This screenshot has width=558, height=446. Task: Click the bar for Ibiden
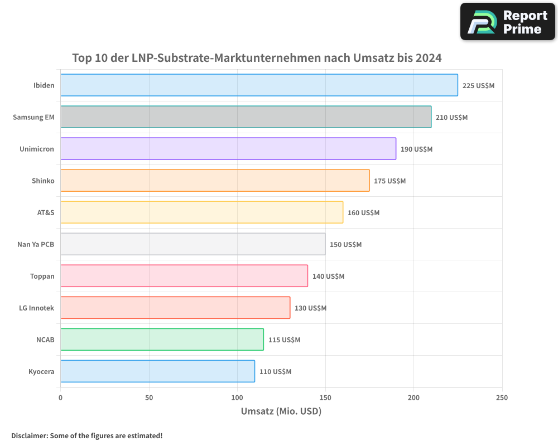(x=259, y=85)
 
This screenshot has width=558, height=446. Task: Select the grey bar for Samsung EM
(x=246, y=117)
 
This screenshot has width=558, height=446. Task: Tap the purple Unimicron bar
(x=228, y=149)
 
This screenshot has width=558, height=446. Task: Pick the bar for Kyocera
(x=157, y=371)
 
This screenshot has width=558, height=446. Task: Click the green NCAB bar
(x=162, y=340)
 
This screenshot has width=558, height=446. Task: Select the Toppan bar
(x=184, y=276)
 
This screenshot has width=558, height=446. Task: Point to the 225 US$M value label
(x=478, y=86)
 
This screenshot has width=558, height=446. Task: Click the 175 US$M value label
(x=389, y=181)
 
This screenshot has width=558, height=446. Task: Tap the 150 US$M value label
(x=345, y=245)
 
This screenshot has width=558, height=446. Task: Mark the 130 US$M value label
(x=310, y=308)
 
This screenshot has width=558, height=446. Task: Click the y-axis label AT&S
(x=45, y=212)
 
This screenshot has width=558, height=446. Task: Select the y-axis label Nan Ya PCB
(x=36, y=244)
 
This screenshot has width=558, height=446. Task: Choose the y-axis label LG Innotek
(x=36, y=308)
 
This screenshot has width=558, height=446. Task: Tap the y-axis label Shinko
(x=44, y=181)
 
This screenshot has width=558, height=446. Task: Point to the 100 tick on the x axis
(x=237, y=397)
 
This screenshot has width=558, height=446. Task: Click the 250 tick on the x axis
(x=502, y=397)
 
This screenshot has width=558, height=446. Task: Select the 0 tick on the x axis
(x=60, y=397)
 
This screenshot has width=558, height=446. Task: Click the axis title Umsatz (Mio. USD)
(x=281, y=411)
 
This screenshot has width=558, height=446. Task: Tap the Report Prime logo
(x=507, y=22)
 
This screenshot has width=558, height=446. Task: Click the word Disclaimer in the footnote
(x=28, y=435)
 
